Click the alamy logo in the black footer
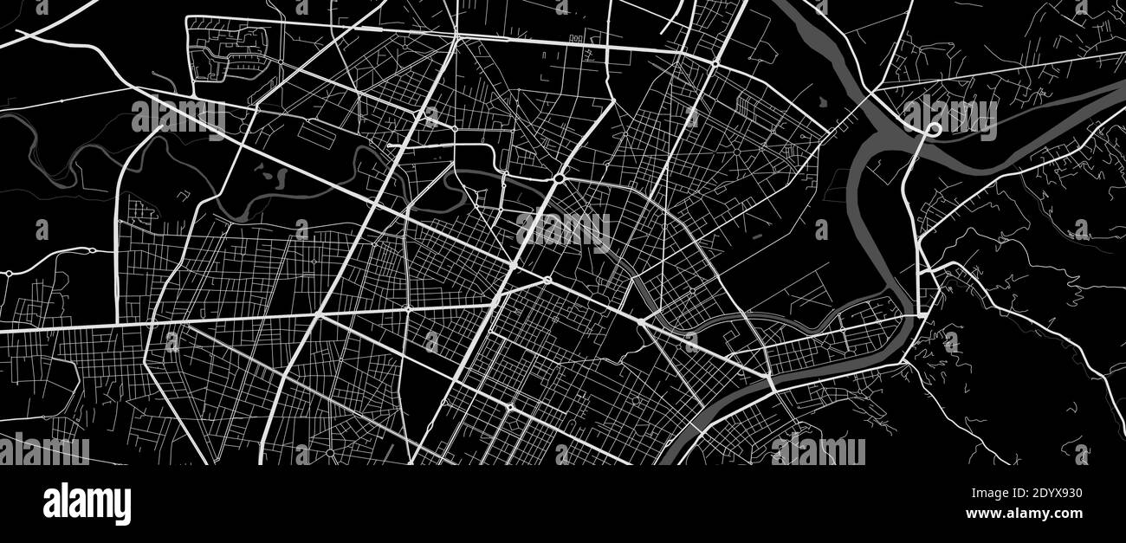click(87, 504)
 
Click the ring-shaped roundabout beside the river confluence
click(934, 129)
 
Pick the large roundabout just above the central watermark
click(560, 178)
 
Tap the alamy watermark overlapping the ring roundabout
click(949, 117)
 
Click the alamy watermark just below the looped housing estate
click(178, 117)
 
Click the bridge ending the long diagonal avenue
click(771, 381)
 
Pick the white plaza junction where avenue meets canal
click(642, 321)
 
